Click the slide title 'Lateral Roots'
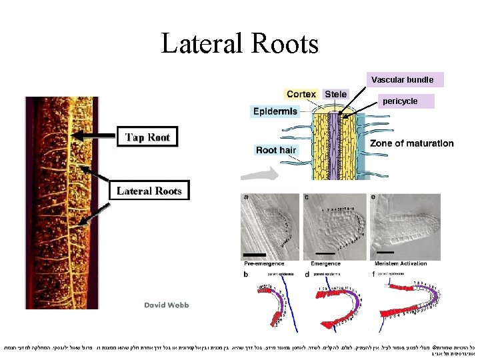point(239,43)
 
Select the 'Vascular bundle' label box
point(402,80)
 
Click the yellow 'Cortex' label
point(301,94)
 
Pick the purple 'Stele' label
point(335,94)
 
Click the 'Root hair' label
point(276,150)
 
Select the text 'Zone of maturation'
point(411,143)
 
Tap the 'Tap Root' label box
point(148,138)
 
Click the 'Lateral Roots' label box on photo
point(149,191)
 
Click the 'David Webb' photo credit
point(167,305)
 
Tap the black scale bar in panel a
point(254,255)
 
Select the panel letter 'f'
point(373,273)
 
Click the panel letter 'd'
point(306,273)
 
